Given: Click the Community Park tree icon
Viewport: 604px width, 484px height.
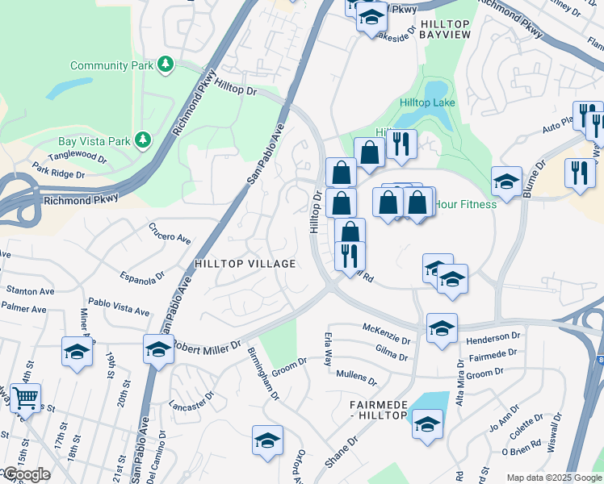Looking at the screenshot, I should coord(166,64).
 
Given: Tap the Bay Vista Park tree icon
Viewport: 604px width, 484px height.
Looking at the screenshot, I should coord(143,140).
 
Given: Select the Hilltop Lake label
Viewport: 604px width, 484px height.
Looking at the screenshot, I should coord(427,102).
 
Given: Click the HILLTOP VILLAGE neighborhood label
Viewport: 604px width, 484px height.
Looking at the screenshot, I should coord(245,264).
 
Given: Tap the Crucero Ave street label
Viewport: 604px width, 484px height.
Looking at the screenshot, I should coord(170,233).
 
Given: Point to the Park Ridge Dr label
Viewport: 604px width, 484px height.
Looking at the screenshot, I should coord(58,173).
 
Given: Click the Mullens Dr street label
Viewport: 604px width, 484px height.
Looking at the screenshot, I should coord(356,375).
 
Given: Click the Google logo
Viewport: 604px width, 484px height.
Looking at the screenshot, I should coord(26,474).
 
